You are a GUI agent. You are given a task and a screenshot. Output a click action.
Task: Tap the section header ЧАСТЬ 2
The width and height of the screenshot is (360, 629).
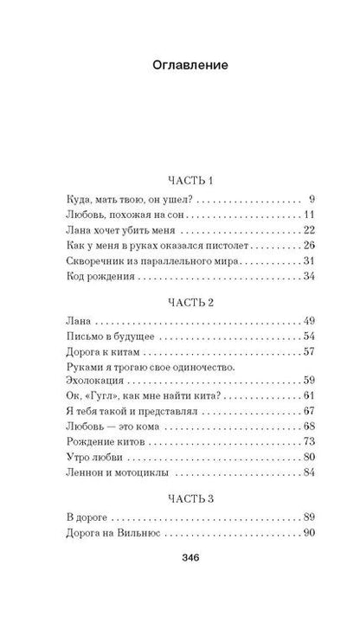180,302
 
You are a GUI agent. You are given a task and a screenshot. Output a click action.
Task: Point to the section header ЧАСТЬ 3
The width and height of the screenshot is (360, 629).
180,497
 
